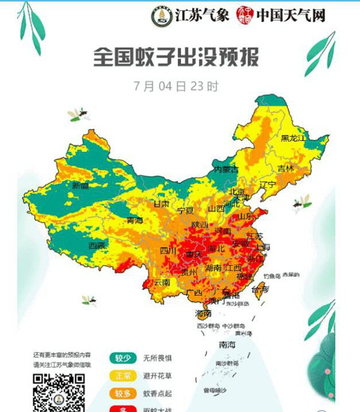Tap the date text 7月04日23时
point(176,86)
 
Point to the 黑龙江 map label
point(293,139)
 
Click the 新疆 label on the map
point(80,186)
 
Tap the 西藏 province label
point(97,245)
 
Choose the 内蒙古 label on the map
point(226,169)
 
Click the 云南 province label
point(163,282)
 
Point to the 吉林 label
point(286,169)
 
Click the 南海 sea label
point(227,345)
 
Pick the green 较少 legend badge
point(122,358)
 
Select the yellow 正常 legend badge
point(122,377)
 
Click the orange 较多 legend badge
point(122,393)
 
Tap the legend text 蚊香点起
point(157,393)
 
